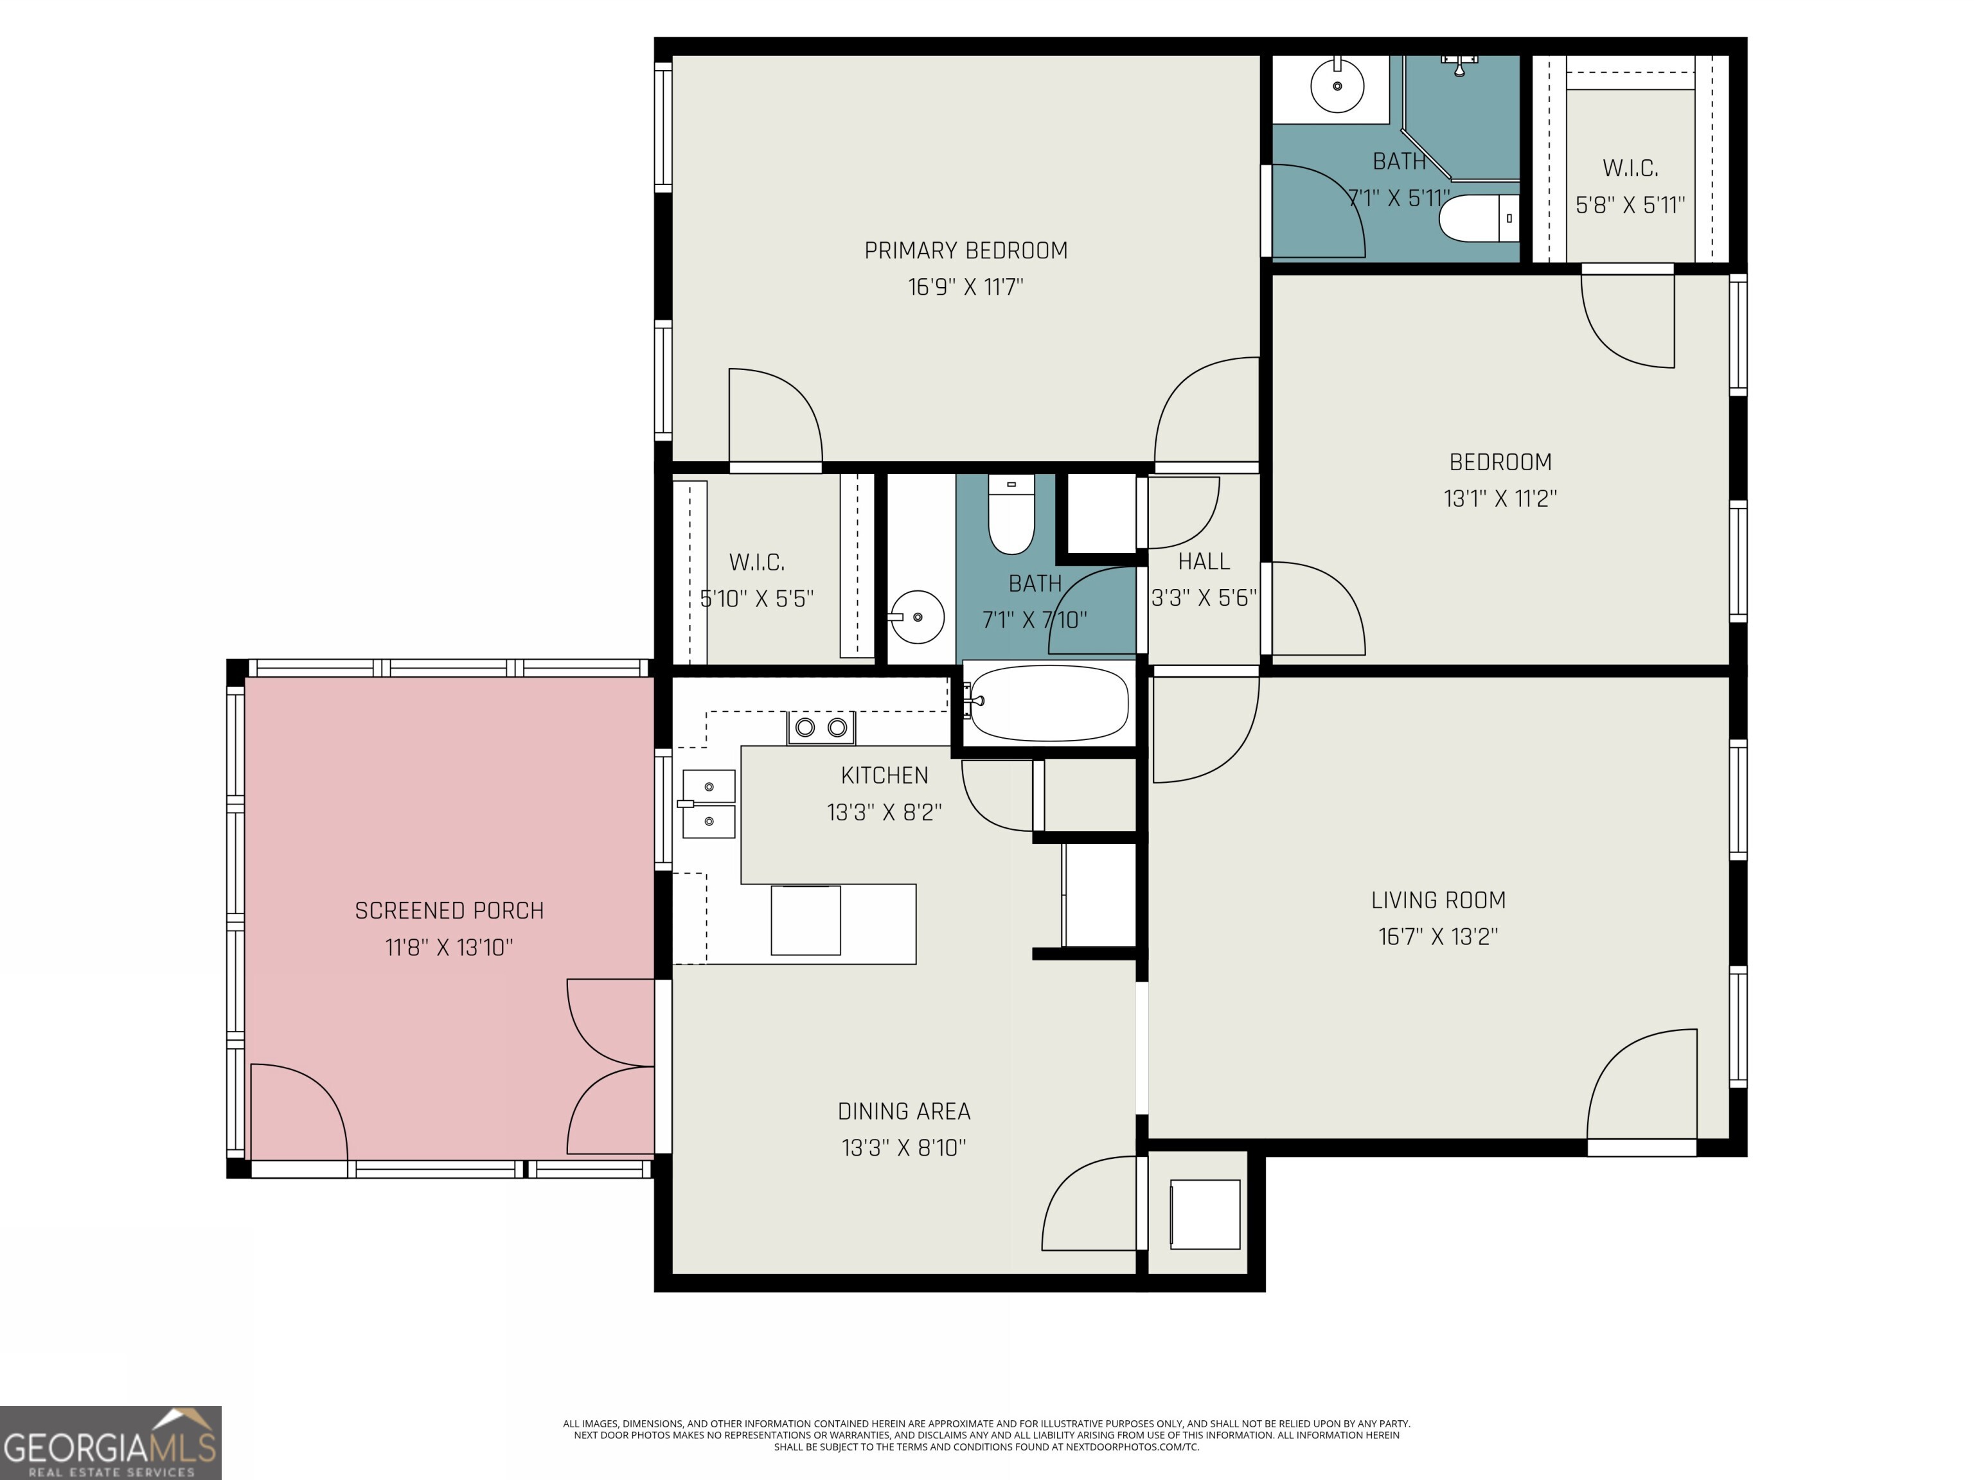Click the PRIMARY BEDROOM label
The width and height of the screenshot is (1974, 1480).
click(966, 251)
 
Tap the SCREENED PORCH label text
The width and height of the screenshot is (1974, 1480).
click(449, 911)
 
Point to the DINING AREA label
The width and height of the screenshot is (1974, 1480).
click(904, 1111)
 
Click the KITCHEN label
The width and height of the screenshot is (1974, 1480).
click(884, 775)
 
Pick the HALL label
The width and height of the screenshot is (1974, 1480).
click(1204, 561)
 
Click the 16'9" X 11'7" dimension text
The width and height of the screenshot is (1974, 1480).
click(966, 287)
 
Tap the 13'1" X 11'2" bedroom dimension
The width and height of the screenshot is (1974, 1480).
click(1500, 498)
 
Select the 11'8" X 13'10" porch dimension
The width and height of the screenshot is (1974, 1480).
click(449, 947)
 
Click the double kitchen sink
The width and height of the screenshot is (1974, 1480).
click(709, 804)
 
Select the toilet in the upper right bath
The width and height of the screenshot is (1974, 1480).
click(1479, 218)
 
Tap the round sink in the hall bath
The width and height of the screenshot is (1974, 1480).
click(916, 617)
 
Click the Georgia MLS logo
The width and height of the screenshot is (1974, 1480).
click(111, 1443)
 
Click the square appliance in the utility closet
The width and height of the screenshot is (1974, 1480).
click(1205, 1214)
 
